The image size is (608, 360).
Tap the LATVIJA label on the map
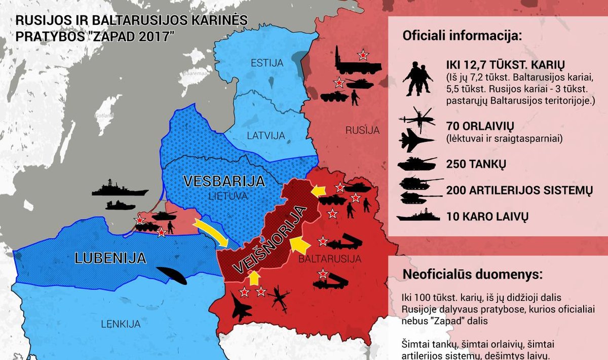[266, 135]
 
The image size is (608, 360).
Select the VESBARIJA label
[224, 181]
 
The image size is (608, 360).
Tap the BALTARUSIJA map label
[330, 259]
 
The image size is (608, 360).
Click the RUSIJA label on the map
[362, 130]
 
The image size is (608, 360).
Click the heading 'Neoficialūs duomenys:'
[472, 275]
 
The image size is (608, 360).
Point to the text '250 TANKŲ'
[476, 165]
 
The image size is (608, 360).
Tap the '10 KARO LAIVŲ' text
[487, 217]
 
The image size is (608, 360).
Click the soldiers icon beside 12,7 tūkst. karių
[417, 79]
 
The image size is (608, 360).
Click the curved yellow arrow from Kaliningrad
[213, 232]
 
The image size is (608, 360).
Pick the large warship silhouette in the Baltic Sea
[120, 189]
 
